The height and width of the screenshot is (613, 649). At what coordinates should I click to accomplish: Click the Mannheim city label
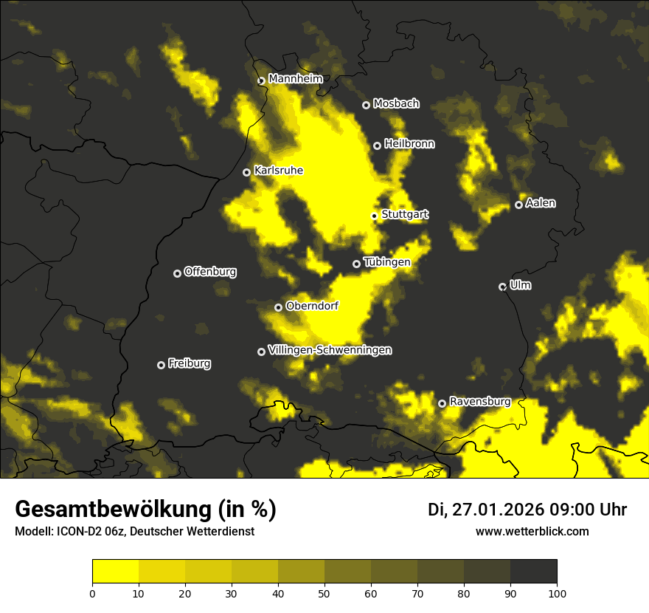(x=296, y=78)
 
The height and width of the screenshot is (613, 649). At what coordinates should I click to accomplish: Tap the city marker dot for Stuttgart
(x=375, y=216)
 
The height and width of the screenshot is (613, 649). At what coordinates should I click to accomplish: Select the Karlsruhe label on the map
(x=278, y=171)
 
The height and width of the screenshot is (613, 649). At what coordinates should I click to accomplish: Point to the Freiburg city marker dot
(x=162, y=365)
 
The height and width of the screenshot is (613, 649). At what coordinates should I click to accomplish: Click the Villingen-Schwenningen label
(x=330, y=350)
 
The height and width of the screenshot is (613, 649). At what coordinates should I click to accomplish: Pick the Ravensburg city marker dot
(x=442, y=403)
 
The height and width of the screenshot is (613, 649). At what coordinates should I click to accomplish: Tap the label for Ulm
(x=520, y=285)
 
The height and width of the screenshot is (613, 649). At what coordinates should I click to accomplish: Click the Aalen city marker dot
(x=519, y=205)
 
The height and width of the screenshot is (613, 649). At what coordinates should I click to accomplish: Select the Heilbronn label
(x=409, y=144)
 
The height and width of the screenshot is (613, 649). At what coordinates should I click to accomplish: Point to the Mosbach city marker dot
(x=366, y=105)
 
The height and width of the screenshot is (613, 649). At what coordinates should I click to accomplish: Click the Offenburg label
(x=210, y=272)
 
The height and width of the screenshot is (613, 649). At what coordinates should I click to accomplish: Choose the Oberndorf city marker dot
(x=279, y=307)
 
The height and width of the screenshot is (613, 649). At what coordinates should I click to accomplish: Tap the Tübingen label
(x=386, y=262)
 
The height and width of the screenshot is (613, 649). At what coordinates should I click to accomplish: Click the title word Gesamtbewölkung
(x=113, y=510)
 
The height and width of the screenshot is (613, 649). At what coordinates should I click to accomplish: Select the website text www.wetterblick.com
(x=532, y=531)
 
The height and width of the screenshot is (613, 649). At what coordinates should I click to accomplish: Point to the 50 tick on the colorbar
(x=324, y=592)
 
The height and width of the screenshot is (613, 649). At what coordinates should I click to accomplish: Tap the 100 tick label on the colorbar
(x=557, y=592)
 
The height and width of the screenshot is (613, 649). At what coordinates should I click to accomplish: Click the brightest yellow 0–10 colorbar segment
(x=116, y=571)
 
